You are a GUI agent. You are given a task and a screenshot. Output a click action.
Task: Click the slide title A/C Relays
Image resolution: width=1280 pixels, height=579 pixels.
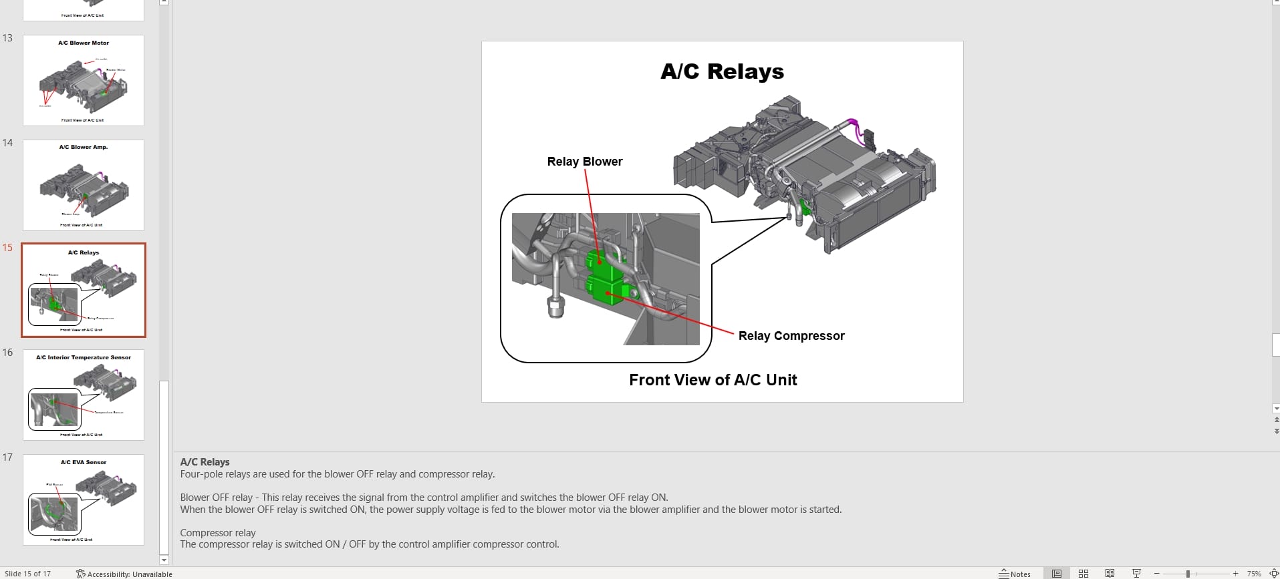722,71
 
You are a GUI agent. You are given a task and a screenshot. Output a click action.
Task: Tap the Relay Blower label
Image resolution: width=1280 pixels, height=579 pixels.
584,162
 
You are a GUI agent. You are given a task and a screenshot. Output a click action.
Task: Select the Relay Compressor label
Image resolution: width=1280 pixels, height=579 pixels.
791,336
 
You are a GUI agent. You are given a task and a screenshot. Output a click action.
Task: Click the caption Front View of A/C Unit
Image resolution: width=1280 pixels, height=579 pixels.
713,380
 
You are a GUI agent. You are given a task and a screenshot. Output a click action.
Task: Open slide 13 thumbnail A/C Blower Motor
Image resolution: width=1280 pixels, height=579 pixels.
84,81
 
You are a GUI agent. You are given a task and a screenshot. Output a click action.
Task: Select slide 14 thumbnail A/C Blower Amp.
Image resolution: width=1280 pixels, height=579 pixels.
84,185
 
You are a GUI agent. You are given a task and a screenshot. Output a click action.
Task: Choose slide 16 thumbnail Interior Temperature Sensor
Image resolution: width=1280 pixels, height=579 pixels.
84,395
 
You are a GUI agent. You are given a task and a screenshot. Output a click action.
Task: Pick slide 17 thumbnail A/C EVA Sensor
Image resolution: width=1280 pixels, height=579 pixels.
84,500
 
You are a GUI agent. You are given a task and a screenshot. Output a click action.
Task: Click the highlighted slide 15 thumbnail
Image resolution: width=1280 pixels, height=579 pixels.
84,290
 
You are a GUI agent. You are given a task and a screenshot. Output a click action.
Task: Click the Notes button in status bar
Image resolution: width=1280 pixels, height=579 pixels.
1015,574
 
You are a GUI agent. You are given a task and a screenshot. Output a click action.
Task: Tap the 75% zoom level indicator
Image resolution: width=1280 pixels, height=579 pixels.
1254,574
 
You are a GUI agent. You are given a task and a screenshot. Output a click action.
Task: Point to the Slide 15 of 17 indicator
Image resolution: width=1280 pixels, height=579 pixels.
27,574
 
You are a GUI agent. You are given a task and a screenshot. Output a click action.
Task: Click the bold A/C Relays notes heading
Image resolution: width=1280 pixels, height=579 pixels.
205,462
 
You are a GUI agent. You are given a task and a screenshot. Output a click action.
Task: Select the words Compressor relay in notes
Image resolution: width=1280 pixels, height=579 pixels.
218,533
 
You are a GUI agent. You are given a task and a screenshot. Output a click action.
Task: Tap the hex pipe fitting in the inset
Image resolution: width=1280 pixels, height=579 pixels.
555,307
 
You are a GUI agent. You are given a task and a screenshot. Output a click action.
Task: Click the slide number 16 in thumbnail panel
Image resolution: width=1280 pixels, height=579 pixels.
7,353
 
